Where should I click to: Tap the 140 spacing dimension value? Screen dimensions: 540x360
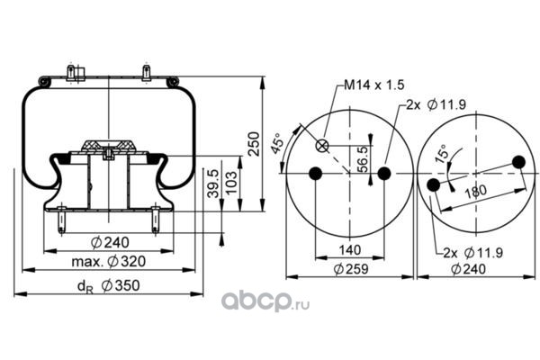tap(349, 249)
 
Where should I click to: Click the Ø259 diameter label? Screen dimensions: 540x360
tap(348, 269)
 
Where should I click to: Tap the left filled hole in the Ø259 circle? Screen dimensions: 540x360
tap(315, 174)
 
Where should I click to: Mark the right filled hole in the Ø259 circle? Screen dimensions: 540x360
tap(384, 174)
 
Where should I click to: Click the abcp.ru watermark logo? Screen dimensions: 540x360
tap(266, 297)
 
